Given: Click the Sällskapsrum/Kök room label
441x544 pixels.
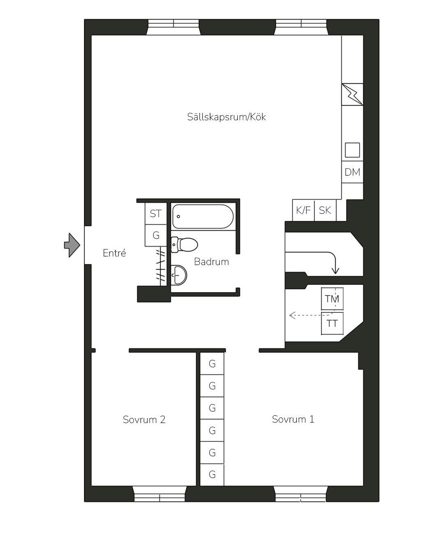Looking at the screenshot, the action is coord(226,117).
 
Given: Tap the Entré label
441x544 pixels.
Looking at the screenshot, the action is coord(114,253).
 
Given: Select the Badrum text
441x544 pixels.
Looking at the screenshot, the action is coord(211,262).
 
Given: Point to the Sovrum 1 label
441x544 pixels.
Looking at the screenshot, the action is coord(293,419).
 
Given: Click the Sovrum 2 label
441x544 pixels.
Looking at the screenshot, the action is coord(144,420).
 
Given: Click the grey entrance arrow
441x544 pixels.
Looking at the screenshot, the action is coord(72,245).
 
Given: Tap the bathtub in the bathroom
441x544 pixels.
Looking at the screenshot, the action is coord(203,216).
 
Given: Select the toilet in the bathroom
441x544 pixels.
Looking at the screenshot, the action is coord(184,245).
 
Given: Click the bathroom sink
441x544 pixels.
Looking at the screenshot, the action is coord(179,275).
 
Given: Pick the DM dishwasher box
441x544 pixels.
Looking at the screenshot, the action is coord(352,172).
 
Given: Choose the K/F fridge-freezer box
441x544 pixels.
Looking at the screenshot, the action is coord(303,210).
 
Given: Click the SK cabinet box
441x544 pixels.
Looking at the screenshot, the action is coord(325,210).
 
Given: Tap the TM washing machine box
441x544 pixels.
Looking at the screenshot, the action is coord(332,299).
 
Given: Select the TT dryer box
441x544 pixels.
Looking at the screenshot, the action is coord(332,324).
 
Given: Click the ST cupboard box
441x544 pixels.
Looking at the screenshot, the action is coord(156,213).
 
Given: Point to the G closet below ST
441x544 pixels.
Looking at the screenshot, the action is coord(156,235).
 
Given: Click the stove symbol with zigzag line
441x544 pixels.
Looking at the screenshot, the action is coord(352,94).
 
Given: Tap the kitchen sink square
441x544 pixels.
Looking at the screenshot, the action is coord(352,150).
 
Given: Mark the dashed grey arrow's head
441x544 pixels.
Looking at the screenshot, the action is coord(292,315).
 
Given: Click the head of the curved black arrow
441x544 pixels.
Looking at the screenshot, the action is coord(335,271).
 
